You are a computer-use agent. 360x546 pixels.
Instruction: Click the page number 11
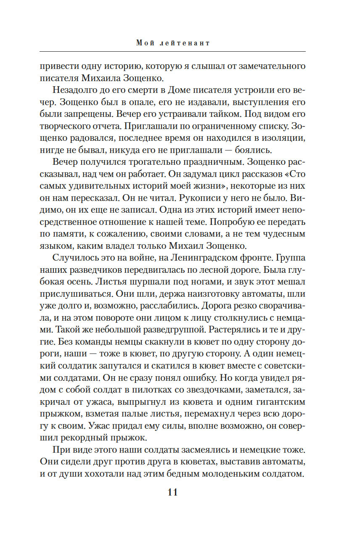coord(172,493)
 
